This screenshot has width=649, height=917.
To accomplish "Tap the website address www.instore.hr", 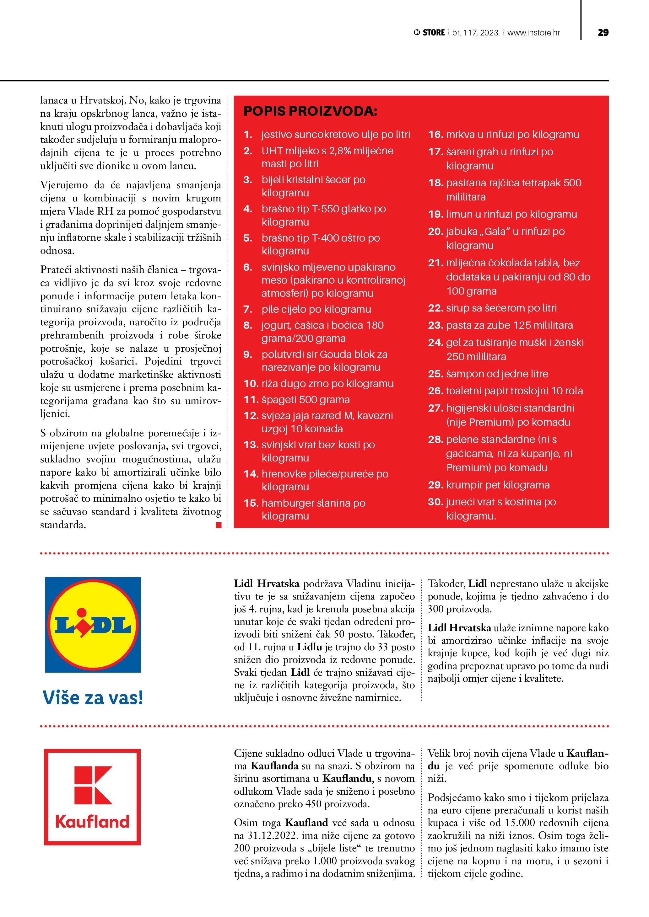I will [x=533, y=33].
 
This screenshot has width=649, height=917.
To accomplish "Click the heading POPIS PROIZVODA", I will [x=310, y=111].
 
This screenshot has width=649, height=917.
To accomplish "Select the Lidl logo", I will [x=93, y=625].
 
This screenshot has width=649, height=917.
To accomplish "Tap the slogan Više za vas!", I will [x=93, y=697].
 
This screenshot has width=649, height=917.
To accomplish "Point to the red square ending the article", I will [x=219, y=525].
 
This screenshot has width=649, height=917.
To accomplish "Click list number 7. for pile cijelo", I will [x=248, y=309].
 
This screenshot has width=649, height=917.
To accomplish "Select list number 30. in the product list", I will [x=435, y=502].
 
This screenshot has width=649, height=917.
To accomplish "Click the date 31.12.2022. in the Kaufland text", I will [x=273, y=835].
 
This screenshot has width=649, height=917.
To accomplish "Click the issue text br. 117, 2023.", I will [x=476, y=33].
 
